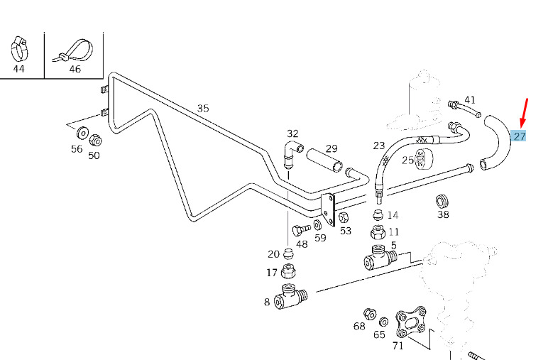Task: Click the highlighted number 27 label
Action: click(x=520, y=136)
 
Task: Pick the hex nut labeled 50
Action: click(x=96, y=138)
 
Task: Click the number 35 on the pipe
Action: click(x=203, y=109)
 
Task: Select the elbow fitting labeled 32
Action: click(x=292, y=151)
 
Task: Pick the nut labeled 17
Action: click(x=289, y=271)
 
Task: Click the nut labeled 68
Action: click(x=369, y=314)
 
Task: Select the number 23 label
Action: click(x=379, y=146)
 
